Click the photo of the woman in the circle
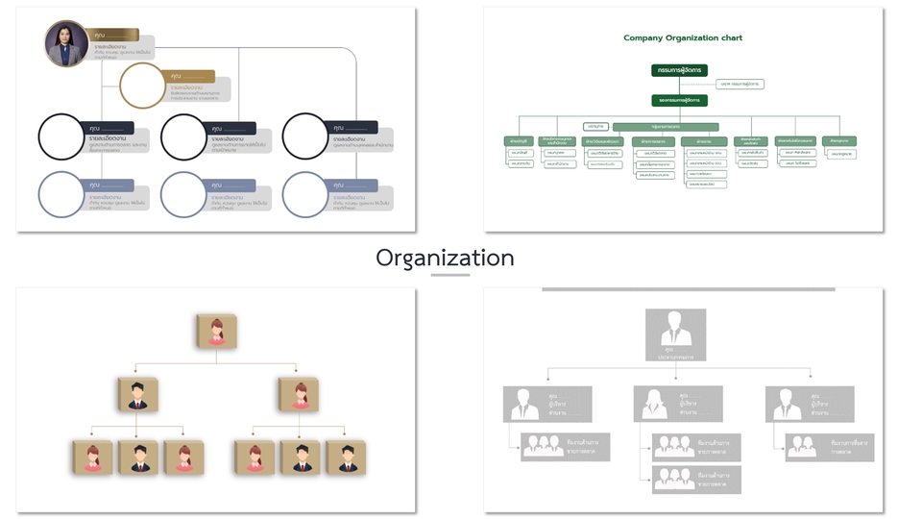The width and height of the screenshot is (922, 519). click(x=67, y=43)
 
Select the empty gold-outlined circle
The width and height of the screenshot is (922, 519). click(x=142, y=86)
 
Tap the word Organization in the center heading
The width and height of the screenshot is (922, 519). click(x=445, y=258)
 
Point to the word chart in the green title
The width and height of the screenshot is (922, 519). click(x=730, y=38)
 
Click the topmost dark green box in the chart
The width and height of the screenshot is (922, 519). click(x=679, y=70)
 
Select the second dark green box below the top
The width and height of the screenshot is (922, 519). click(x=679, y=100)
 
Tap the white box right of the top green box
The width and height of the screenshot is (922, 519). click(x=740, y=85)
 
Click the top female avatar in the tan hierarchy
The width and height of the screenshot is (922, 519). click(x=216, y=330)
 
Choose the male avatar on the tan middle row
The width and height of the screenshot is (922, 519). click(x=137, y=394)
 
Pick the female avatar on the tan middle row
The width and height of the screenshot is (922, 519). click(x=298, y=394)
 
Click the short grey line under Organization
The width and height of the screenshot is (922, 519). click(x=449, y=276)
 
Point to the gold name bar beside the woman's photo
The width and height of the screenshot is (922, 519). click(x=115, y=35)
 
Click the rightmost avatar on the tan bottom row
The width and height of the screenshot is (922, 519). click(x=345, y=457)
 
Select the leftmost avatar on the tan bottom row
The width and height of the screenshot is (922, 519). click(x=92, y=457)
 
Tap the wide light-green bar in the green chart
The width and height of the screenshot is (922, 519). click(x=666, y=127)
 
